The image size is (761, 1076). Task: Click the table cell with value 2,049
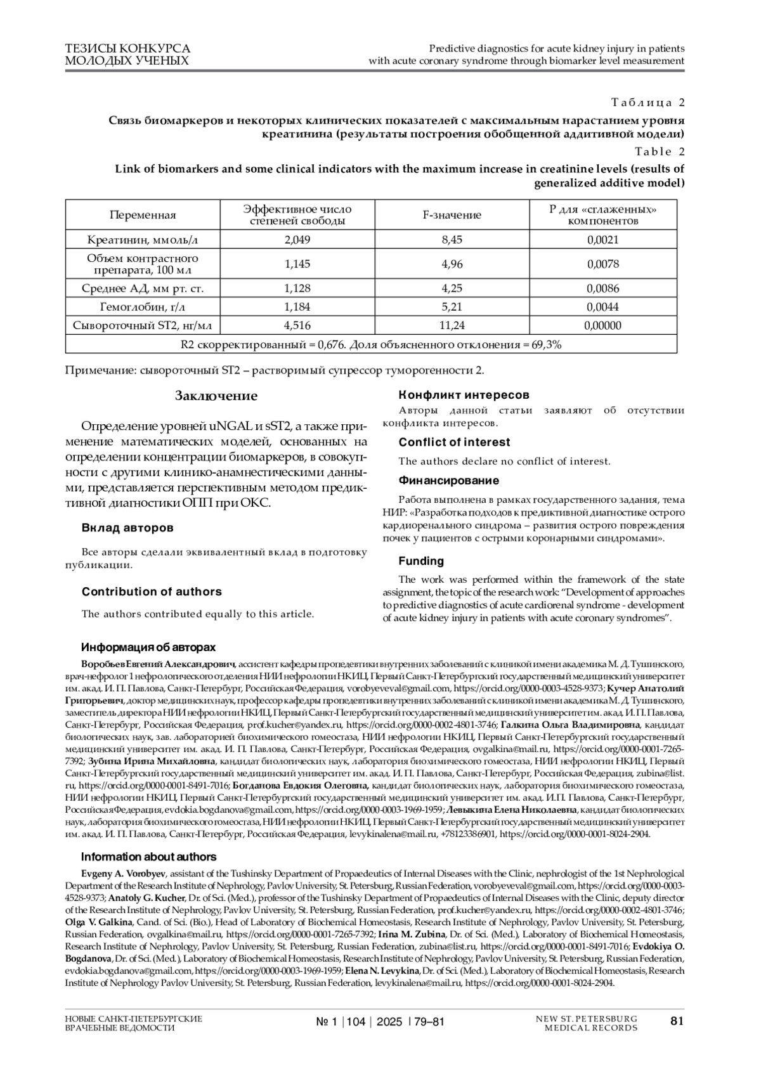[x=297, y=240]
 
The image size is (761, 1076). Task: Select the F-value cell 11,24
[x=452, y=325]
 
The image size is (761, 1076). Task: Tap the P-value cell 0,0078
[x=603, y=264]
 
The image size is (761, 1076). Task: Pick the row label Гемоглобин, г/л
[x=143, y=307]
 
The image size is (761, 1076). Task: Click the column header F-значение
[x=452, y=215]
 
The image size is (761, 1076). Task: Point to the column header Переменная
[x=143, y=215]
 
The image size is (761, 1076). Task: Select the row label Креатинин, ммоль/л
[x=143, y=240]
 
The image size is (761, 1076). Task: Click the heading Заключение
[x=216, y=396]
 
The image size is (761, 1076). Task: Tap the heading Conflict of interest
[x=454, y=442]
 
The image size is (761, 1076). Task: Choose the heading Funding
[x=421, y=561]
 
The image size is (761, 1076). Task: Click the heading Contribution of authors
[x=152, y=592]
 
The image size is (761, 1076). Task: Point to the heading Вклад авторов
[x=127, y=528]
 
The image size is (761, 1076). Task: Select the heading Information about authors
[x=148, y=857]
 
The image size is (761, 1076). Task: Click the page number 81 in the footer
[x=677, y=1021]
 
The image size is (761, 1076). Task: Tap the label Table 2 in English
[x=660, y=152]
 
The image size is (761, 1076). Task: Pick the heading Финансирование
[x=449, y=481]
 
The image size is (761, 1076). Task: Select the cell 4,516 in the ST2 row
[x=297, y=325]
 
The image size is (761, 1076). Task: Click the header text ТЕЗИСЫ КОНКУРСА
[x=127, y=48]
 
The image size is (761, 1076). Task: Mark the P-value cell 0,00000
[x=603, y=325]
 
